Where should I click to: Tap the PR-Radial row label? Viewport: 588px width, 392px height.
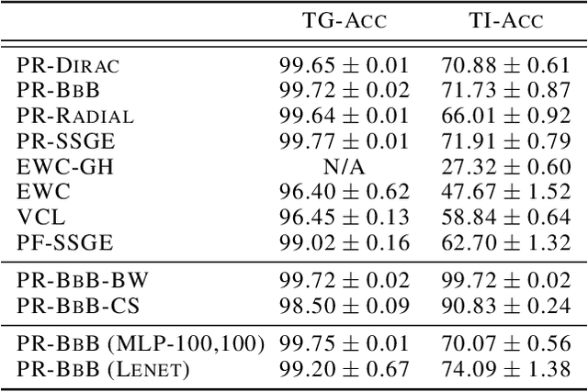[x=75, y=118]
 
